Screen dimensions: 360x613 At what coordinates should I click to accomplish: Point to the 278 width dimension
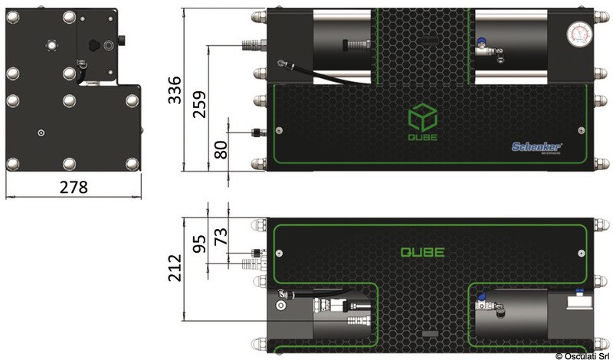(73, 187)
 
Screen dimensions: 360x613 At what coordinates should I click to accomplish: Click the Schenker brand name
(537, 146)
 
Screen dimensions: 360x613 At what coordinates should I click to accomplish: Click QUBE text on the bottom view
(422, 251)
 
